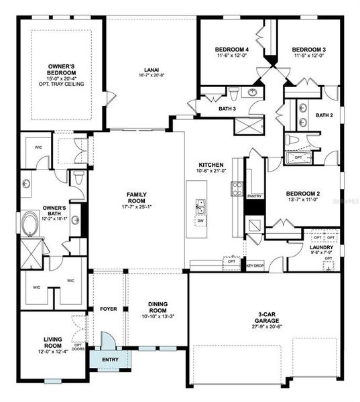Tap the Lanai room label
point(151,69)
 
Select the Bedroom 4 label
point(232,50)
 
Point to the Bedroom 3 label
point(309,50)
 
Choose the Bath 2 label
point(324,115)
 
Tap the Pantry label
point(254,196)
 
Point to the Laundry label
point(322,248)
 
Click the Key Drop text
point(255,266)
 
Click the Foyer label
point(108,309)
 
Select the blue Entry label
point(109,360)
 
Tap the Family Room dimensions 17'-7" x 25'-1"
point(137,206)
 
